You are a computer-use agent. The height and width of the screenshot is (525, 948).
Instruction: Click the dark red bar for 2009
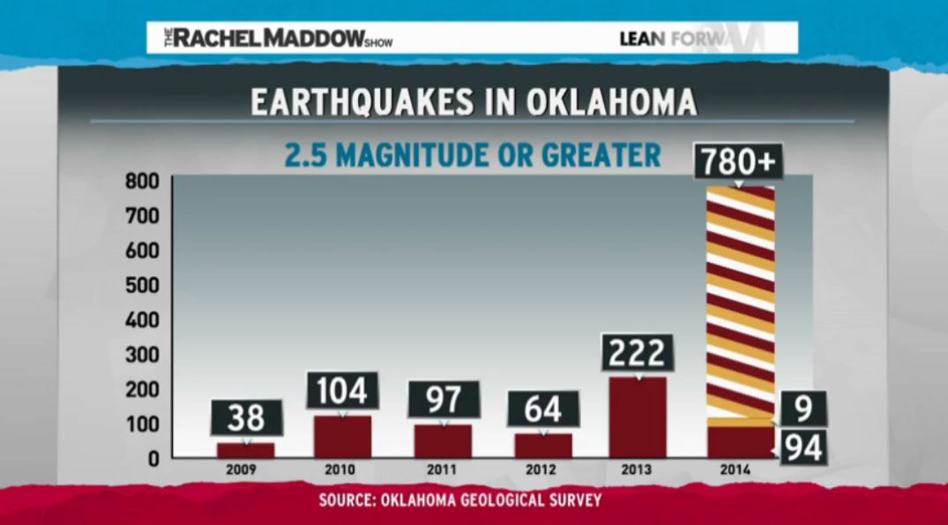[x=245, y=450]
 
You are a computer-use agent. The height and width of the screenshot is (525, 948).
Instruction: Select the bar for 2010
[x=343, y=437]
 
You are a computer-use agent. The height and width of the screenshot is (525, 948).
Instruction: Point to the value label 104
[x=342, y=390]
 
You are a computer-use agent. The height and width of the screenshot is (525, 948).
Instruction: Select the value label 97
[x=444, y=400]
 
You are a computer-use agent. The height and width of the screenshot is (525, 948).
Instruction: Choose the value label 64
[x=544, y=409]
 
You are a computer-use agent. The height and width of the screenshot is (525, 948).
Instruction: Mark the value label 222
[x=637, y=353]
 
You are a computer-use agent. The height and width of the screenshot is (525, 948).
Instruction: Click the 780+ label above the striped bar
[x=739, y=161]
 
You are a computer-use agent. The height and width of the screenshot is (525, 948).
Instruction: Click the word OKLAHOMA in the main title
[x=610, y=101]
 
